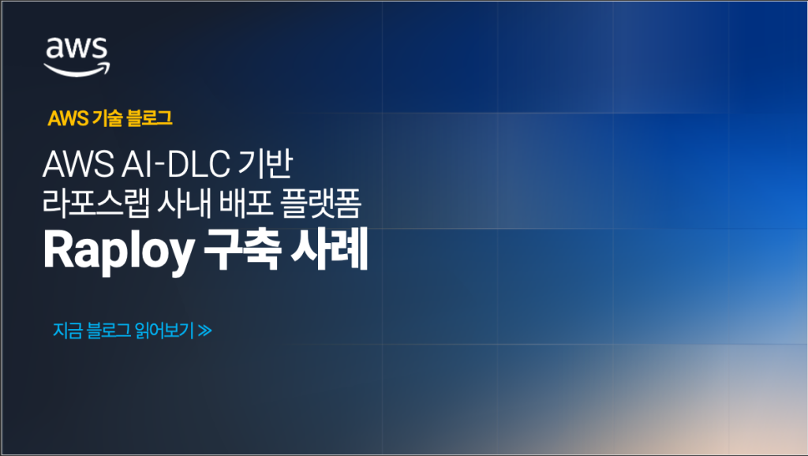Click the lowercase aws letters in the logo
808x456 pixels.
pos(77,50)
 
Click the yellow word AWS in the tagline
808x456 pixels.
pos(67,119)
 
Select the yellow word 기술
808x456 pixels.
pos(105,119)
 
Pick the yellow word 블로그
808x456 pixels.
pos(149,119)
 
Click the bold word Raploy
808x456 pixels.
pos(118,252)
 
